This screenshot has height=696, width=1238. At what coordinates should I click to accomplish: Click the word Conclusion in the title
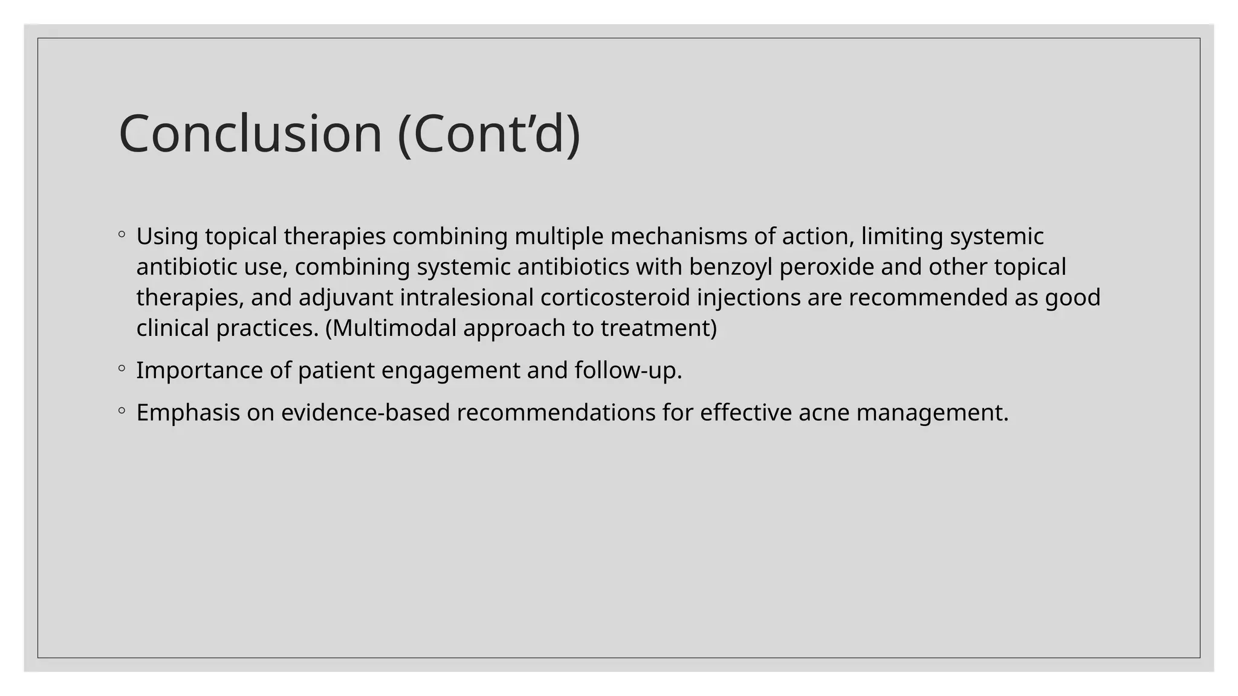(x=250, y=134)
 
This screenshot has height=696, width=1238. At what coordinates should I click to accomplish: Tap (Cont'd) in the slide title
(x=489, y=135)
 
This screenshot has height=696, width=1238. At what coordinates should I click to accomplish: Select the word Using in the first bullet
(x=167, y=236)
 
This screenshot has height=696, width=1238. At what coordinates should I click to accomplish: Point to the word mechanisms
(x=678, y=236)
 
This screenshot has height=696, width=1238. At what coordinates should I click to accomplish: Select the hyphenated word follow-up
(x=628, y=370)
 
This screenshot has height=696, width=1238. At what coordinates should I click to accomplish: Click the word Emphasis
(x=188, y=413)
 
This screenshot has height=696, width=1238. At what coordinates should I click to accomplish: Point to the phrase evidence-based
(x=365, y=413)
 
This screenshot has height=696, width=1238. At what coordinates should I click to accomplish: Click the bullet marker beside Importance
(x=122, y=367)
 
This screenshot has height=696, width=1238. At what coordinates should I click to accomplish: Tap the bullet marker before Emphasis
(x=122, y=410)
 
